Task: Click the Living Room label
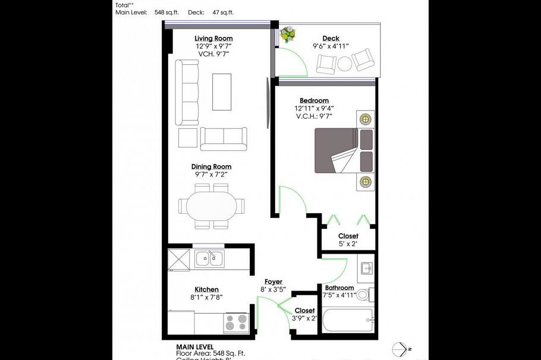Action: point(212,39)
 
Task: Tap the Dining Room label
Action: point(211,167)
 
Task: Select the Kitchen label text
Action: point(206,289)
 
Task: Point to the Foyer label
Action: point(273,282)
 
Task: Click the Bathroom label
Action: point(339,288)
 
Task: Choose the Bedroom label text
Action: point(314,101)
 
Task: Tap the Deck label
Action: point(331,39)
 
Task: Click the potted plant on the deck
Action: point(288,35)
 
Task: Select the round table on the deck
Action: point(345,63)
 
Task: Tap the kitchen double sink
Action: point(209,258)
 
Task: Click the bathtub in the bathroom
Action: point(347,323)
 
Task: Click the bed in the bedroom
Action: point(344,151)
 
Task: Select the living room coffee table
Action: point(221,91)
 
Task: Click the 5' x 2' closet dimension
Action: point(348,244)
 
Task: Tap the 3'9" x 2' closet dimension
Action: point(305,318)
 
